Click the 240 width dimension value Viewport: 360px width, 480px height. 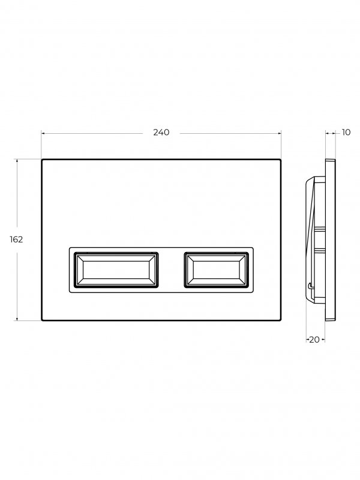coord(161,132)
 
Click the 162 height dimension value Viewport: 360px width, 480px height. coord(16,239)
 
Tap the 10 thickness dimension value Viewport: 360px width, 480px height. coord(346,132)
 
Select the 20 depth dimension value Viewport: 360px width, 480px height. coord(314,340)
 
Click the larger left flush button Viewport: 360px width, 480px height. coord(116,270)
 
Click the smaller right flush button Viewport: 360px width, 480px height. coord(216,270)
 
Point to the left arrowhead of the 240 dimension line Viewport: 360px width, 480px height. coord(43,133)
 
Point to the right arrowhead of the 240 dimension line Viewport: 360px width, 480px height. coord(279,133)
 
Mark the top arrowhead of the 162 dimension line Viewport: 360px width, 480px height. coord(17,161)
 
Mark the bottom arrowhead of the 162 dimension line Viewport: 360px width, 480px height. coord(17,319)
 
